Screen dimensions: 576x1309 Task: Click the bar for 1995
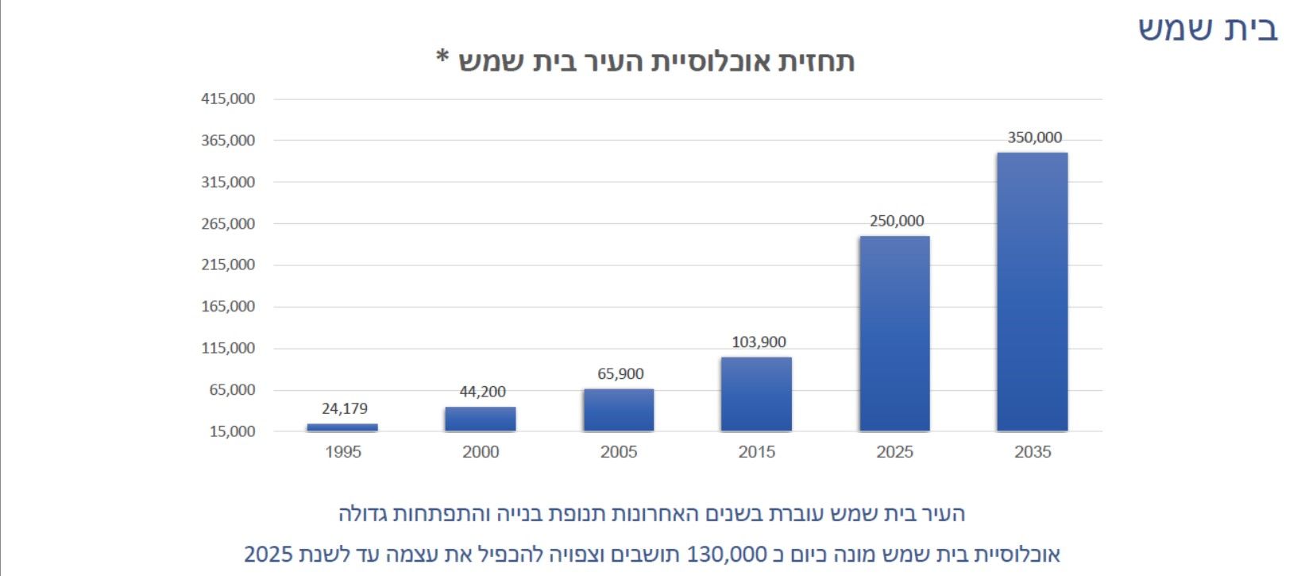point(342,427)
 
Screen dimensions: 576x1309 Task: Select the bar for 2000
point(481,419)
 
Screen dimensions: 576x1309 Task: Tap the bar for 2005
point(619,410)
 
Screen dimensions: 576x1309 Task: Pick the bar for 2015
point(756,394)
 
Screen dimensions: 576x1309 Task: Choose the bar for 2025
point(894,334)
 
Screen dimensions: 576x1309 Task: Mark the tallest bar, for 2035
point(1033,292)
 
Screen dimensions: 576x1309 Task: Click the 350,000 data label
point(1034,137)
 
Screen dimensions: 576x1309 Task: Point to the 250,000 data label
point(897,221)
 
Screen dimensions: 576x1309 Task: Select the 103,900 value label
point(759,342)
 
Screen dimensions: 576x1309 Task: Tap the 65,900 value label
point(620,374)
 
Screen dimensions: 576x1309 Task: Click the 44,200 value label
point(482,392)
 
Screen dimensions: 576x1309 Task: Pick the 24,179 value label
point(345,409)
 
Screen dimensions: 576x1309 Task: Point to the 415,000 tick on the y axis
point(228,99)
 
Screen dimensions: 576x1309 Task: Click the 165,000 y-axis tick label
point(228,307)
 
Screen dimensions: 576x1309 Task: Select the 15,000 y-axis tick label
point(231,431)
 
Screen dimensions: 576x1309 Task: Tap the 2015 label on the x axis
point(756,452)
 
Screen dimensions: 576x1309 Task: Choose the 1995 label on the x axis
point(342,452)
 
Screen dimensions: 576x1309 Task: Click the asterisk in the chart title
point(442,58)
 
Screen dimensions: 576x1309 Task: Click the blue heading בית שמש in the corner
point(1207,29)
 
